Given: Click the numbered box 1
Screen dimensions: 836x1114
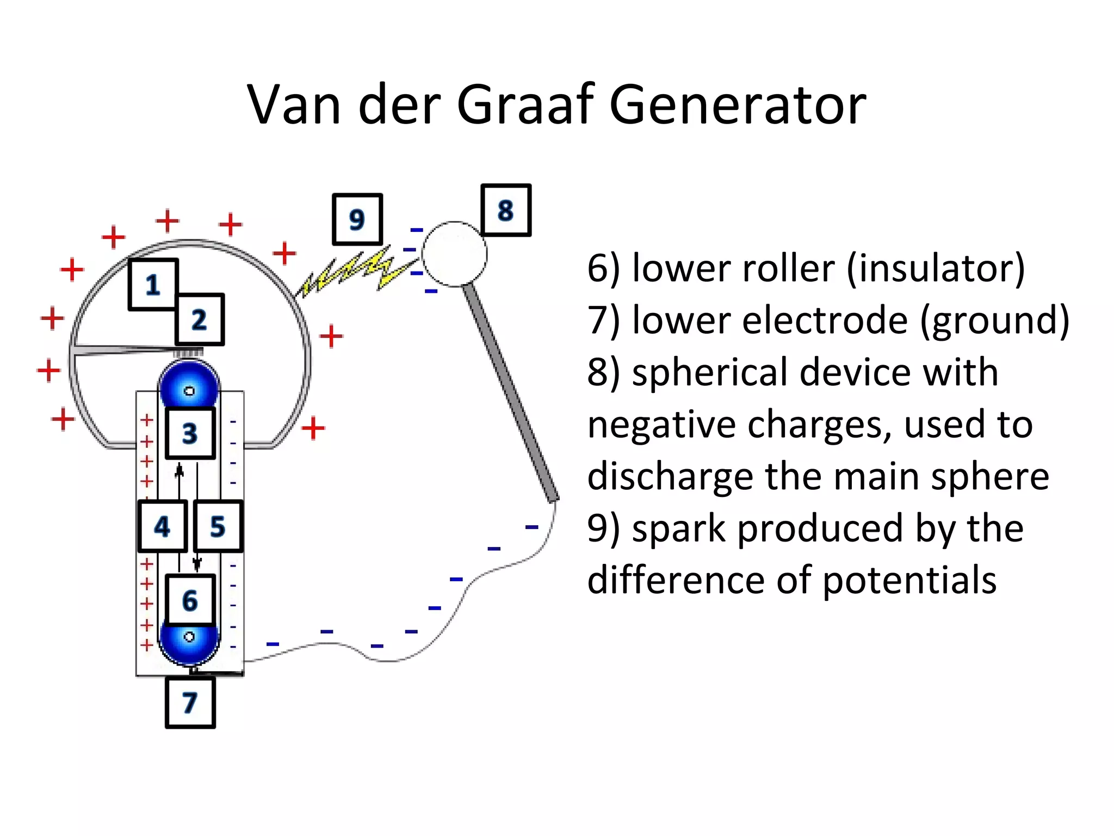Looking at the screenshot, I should [x=153, y=284].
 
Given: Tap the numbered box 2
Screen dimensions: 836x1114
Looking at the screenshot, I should [x=199, y=319].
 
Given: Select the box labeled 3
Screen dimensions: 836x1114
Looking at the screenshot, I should [x=190, y=433].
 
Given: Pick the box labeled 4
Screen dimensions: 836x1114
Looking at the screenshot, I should [x=162, y=526].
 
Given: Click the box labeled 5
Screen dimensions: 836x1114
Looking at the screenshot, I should [x=218, y=526].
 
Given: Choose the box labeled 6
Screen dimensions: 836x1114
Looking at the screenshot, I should [x=190, y=600].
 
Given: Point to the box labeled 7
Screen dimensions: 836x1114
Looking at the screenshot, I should [x=190, y=702].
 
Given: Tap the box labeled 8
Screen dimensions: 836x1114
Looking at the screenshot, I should [x=505, y=210].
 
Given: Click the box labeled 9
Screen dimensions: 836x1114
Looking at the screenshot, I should [x=357, y=219].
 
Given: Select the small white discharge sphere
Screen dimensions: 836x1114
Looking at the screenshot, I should [x=454, y=254].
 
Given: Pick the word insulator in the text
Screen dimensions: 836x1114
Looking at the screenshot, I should [x=936, y=268].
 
